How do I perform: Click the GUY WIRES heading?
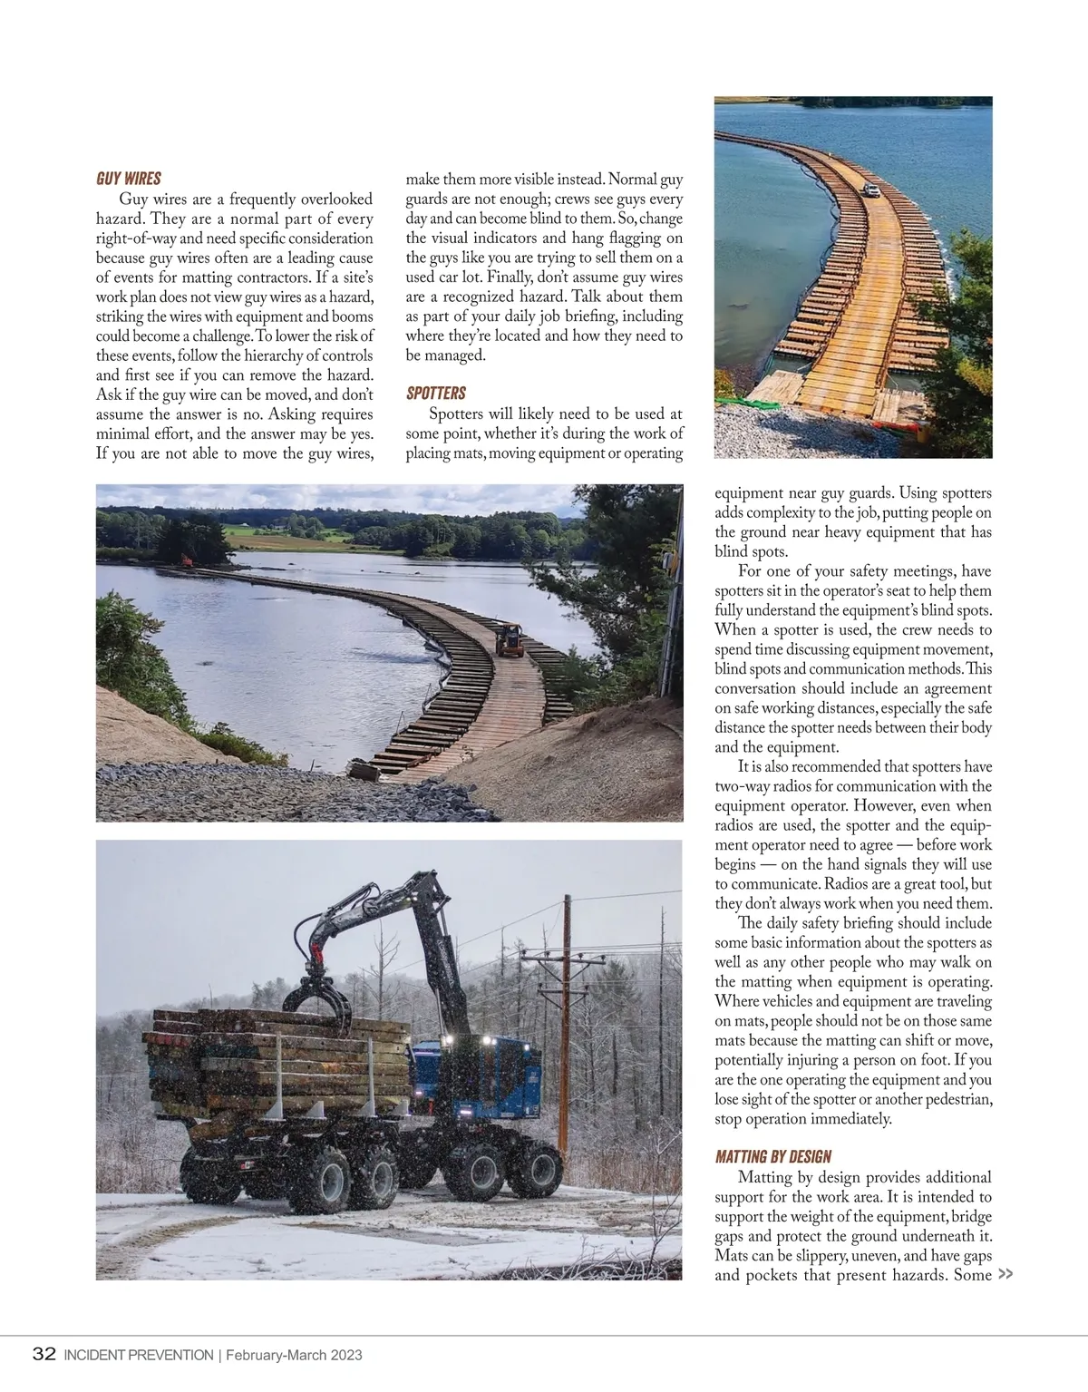coord(128,178)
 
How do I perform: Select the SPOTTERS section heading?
coord(435,393)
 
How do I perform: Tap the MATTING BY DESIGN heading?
coord(772,1156)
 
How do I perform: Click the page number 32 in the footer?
coord(44,1355)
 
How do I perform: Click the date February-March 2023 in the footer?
coord(294,1356)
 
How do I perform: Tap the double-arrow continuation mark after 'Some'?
coord(1005,1274)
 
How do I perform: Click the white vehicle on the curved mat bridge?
coord(870,190)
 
